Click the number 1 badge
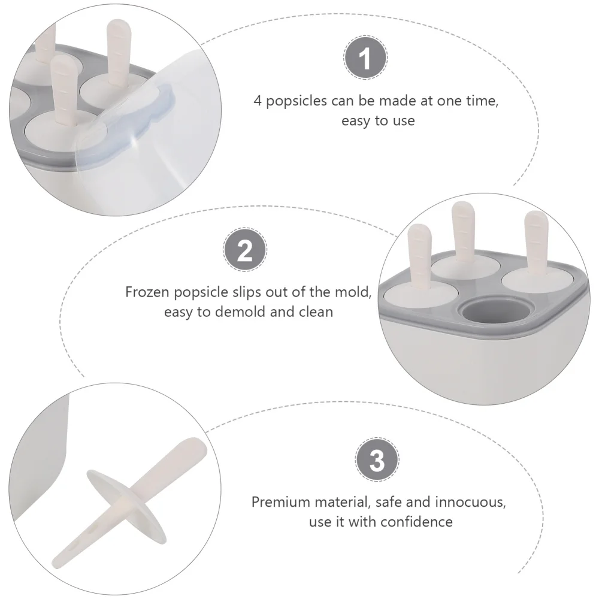[365, 59]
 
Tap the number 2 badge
[245, 251]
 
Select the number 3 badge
[377, 461]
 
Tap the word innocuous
[472, 502]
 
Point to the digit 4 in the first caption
[258, 101]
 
